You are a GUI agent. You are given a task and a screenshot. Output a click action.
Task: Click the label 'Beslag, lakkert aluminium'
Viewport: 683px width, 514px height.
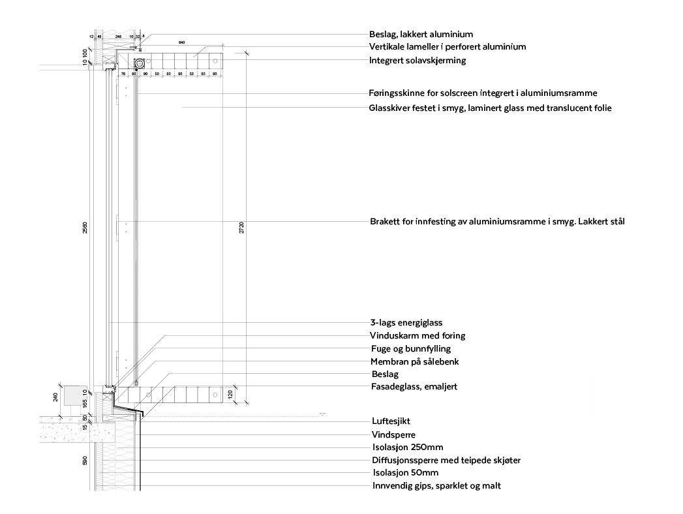pyautogui.click(x=421, y=35)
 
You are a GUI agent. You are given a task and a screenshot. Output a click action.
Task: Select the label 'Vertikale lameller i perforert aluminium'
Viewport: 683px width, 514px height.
pyautogui.click(x=447, y=47)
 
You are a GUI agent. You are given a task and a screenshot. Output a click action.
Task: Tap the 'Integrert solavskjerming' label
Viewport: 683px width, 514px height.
pyautogui.click(x=417, y=61)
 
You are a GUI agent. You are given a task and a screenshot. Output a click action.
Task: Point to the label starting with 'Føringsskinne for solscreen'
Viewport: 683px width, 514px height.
pyautogui.click(x=483, y=93)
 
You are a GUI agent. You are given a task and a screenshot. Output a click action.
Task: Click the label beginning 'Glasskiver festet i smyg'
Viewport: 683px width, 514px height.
pyautogui.click(x=490, y=108)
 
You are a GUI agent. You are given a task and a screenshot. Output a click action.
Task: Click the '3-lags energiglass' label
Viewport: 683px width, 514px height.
pyautogui.click(x=406, y=323)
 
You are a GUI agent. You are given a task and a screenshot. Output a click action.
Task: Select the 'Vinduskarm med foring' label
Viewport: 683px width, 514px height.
pyautogui.click(x=417, y=336)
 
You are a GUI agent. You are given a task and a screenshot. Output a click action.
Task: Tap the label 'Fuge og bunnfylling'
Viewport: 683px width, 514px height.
pyautogui.click(x=410, y=349)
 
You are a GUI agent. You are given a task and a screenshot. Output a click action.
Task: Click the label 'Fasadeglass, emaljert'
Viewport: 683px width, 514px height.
pyautogui.click(x=414, y=387)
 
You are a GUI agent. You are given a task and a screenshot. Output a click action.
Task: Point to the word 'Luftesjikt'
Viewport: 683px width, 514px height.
pyautogui.click(x=391, y=421)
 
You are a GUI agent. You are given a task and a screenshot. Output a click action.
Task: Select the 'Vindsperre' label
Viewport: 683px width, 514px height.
pyautogui.click(x=393, y=435)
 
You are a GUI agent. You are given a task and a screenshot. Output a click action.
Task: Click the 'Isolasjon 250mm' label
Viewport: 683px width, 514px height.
pyautogui.click(x=408, y=447)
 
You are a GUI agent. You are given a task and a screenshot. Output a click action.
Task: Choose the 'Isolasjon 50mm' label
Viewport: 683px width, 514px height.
pyautogui.click(x=405, y=473)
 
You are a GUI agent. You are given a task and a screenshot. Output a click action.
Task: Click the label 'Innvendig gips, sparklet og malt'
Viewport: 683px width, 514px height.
pyautogui.click(x=436, y=486)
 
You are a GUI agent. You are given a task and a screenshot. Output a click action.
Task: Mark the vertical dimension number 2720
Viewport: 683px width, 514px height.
pyautogui.click(x=241, y=228)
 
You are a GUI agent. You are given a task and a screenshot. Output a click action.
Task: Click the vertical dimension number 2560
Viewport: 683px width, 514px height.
pyautogui.click(x=85, y=228)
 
